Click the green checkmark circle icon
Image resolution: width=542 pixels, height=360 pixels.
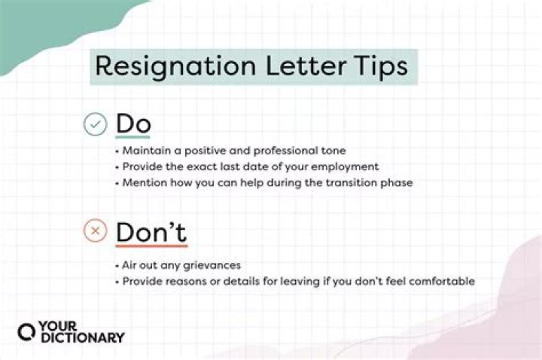(95, 124)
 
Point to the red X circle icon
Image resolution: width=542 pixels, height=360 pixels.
(95, 231)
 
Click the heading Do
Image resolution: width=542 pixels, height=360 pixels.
(132, 124)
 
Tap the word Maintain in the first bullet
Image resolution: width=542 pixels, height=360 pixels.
(143, 151)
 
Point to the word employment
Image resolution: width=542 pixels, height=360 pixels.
(345, 166)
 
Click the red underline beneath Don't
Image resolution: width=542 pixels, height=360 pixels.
(151, 246)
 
